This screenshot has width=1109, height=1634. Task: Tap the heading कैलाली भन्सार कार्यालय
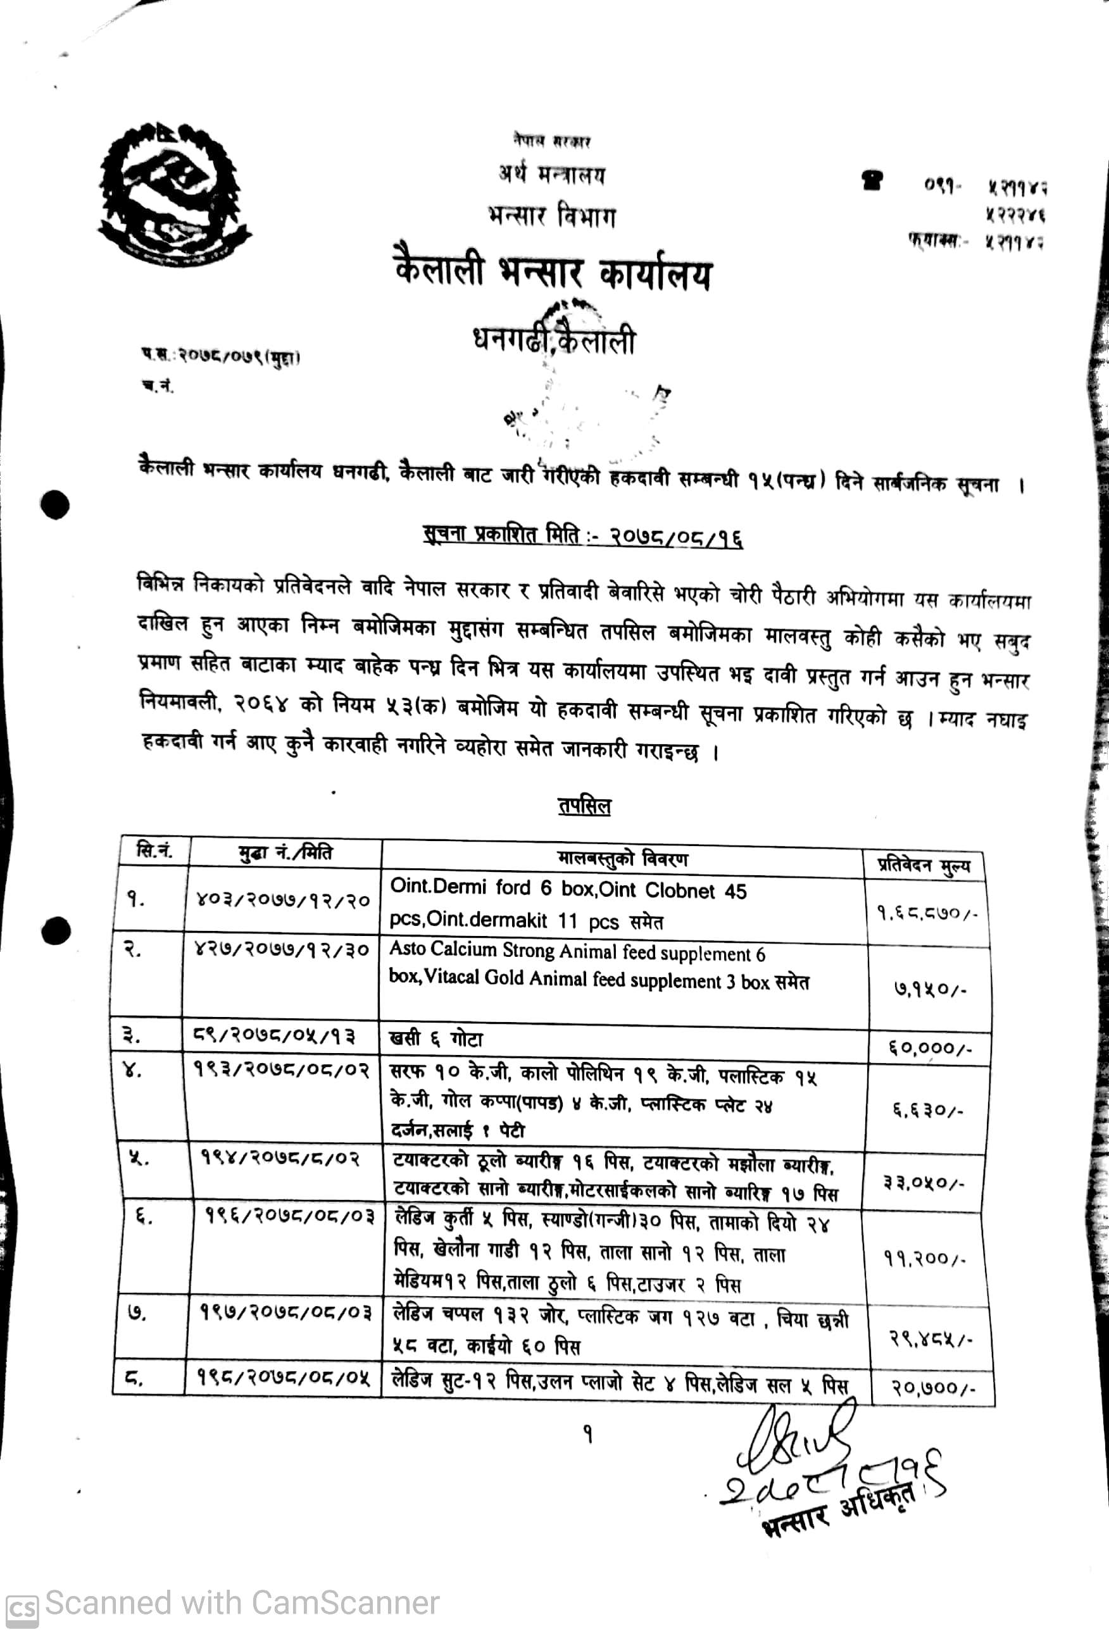[x=553, y=273]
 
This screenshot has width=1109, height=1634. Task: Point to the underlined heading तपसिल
[x=584, y=806]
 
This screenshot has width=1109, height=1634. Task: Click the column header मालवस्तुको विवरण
[x=622, y=859]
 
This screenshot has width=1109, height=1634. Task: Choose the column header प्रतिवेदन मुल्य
[x=924, y=865]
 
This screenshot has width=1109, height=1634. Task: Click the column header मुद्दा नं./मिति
[x=285, y=854]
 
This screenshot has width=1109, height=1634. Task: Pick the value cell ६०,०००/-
[x=928, y=1049]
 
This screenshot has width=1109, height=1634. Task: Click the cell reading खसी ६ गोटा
[x=437, y=1039]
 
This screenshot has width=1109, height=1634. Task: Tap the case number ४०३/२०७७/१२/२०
[x=283, y=901]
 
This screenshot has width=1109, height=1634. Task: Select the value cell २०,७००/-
[x=932, y=1387]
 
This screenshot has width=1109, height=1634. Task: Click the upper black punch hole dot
[x=55, y=504]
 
